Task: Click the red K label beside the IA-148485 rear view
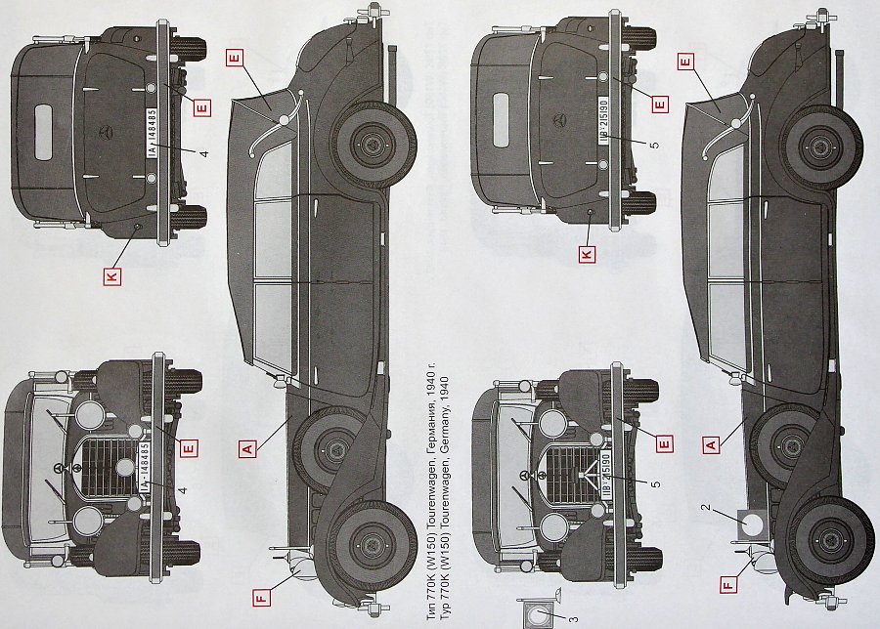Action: (x=111, y=277)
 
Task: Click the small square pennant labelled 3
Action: (x=540, y=614)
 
